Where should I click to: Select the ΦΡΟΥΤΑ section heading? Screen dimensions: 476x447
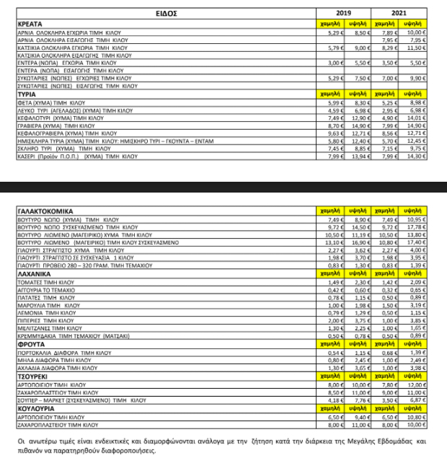[x=31, y=344]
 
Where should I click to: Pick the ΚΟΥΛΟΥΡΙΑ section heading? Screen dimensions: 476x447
[x=36, y=408]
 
